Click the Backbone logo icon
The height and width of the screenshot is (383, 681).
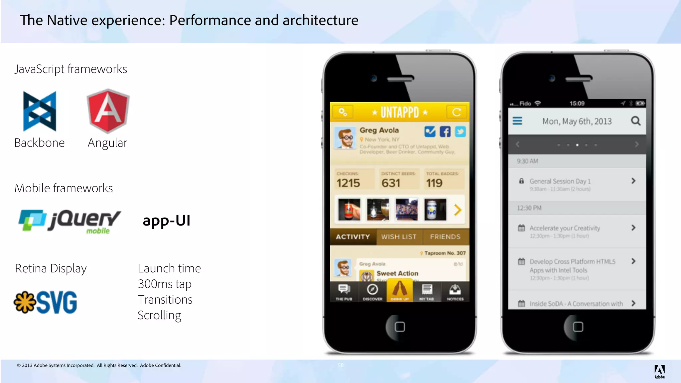[x=40, y=111]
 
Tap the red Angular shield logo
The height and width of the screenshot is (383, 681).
[x=108, y=111]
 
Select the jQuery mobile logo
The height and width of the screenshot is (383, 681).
[x=69, y=221]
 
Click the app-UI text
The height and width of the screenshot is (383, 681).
[x=166, y=221]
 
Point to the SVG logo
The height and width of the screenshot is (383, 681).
[x=46, y=302]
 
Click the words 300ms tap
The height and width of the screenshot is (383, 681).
[x=165, y=284]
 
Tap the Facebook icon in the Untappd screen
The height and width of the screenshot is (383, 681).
[x=445, y=132]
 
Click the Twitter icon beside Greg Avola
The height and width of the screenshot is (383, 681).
[x=460, y=132]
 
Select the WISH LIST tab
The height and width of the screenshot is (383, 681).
[x=399, y=237]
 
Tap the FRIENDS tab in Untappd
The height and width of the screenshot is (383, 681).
[x=445, y=237]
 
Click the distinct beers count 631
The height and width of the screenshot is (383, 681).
[x=391, y=183]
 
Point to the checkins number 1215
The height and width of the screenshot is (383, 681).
[x=348, y=183]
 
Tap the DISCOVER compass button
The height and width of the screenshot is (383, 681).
[x=372, y=292]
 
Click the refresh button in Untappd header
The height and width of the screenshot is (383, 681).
[x=457, y=112]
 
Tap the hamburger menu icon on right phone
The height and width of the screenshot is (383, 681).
[x=517, y=121]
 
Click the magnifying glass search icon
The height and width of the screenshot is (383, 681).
[x=635, y=121]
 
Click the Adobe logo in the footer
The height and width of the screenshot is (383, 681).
[x=659, y=371]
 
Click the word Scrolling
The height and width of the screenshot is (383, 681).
[x=159, y=315]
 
